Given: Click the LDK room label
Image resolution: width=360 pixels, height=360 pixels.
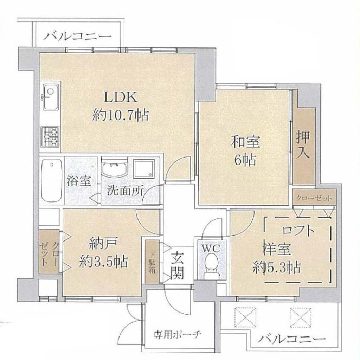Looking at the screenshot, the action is (121, 97).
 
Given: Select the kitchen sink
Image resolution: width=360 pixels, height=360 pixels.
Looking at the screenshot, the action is (51, 97).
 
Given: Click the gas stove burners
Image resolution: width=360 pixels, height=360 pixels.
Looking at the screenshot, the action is (50, 137).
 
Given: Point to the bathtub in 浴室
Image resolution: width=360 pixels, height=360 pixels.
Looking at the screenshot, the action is (52, 181).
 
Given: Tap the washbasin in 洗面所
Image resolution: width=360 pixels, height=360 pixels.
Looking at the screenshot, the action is (115, 169).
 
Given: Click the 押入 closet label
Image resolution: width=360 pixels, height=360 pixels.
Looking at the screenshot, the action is (303, 144).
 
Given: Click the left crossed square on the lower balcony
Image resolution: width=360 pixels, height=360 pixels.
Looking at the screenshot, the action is (245, 317).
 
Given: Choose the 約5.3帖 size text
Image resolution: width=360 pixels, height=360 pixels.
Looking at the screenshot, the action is (277, 267).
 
